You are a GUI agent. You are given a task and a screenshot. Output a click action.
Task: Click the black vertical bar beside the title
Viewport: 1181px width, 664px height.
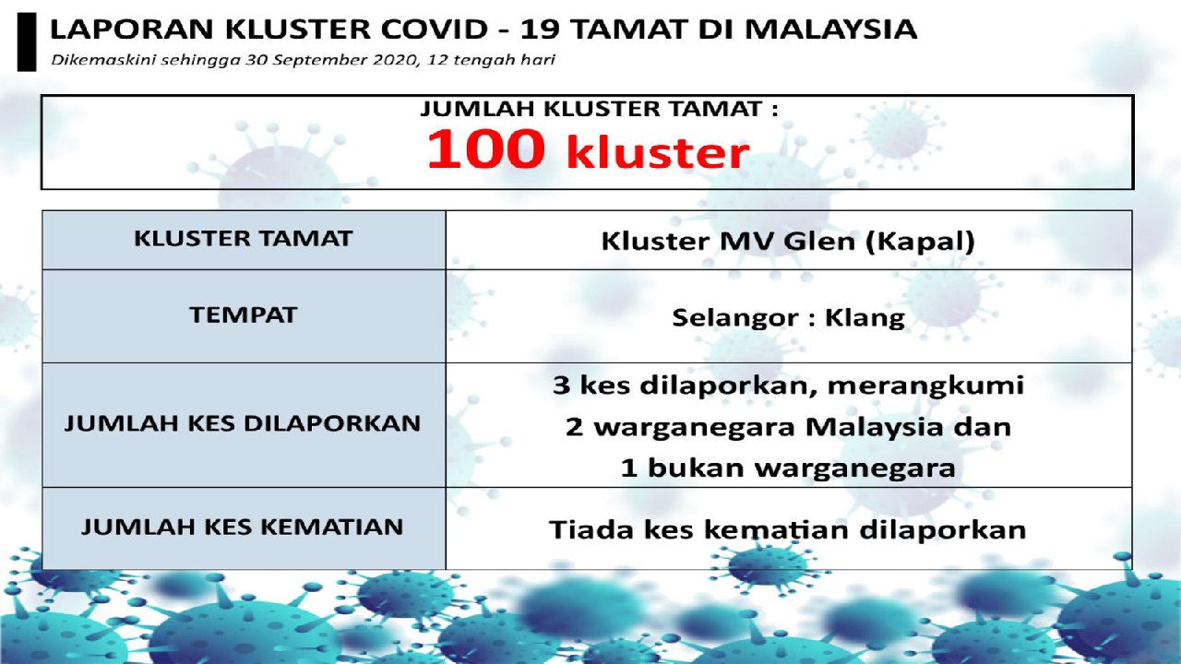(x=27, y=42)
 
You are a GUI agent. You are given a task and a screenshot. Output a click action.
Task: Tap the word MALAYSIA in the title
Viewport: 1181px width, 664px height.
(x=831, y=29)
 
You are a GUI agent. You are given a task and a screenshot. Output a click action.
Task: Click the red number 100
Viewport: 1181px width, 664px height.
(x=485, y=149)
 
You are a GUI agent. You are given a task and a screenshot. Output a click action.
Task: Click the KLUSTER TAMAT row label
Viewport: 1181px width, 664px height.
(x=243, y=238)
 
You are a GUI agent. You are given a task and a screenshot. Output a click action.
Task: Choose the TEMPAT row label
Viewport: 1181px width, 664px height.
(x=243, y=315)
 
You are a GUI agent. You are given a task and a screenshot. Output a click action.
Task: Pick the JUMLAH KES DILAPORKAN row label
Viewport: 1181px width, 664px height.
(x=243, y=423)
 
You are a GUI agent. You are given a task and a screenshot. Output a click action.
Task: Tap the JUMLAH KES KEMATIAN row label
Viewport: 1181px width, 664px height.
(x=243, y=527)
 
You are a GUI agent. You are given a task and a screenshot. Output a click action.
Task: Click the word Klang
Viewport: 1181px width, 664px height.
(x=865, y=318)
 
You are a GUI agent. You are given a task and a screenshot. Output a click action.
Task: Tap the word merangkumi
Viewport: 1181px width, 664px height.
(x=925, y=386)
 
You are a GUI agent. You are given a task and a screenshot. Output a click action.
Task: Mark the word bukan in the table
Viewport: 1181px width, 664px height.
(x=696, y=468)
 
